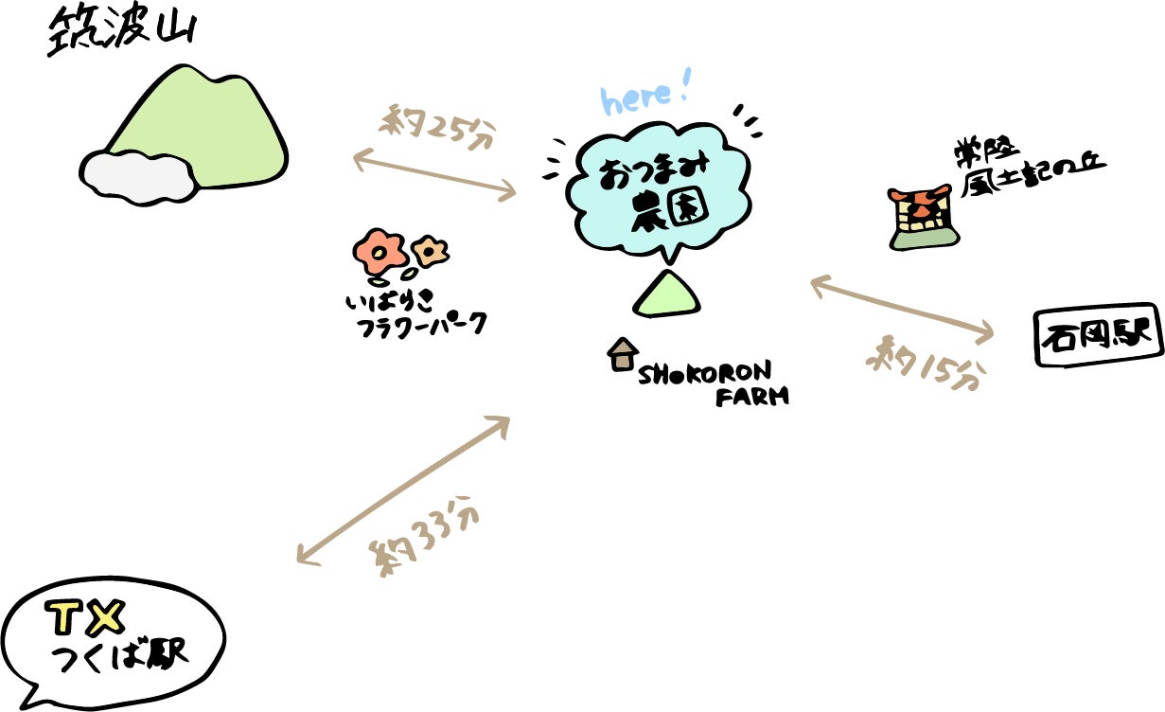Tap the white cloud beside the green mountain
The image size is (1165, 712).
(138, 177)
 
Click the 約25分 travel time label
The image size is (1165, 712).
(437, 127)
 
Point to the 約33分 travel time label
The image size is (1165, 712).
(424, 536)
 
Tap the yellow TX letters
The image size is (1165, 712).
(86, 618)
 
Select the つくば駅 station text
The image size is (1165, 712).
(119, 656)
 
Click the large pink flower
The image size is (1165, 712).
(379, 252)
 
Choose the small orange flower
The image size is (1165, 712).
(430, 252)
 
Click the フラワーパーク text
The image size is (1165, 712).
(421, 326)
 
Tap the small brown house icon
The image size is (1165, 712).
(623, 354)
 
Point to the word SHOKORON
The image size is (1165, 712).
(705, 373)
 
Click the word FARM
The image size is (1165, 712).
(752, 397)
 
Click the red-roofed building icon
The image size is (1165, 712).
(923, 218)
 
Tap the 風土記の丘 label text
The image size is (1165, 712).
(1033, 177)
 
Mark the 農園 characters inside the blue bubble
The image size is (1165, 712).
(669, 210)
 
